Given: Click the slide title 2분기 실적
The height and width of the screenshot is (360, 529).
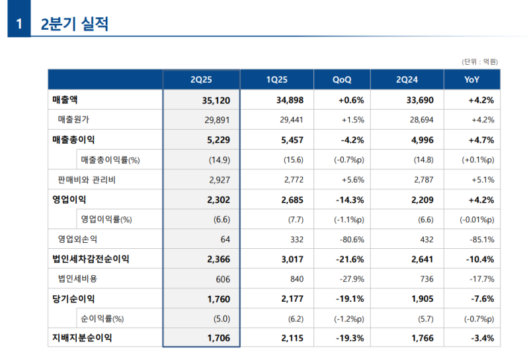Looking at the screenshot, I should click(x=74, y=24).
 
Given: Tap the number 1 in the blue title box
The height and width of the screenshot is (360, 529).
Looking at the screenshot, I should click(x=19, y=25).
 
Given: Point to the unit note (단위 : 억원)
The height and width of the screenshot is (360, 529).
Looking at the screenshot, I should click(x=479, y=62).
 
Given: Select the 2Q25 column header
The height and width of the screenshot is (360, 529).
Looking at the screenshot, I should click(x=201, y=79).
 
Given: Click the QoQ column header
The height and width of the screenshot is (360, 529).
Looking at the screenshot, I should click(x=342, y=79).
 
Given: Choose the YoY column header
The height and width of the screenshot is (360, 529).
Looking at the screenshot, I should click(x=471, y=79).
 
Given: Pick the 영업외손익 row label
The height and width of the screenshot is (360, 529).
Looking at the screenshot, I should click(x=81, y=239).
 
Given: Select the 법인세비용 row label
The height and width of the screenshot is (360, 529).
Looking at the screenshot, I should click(x=77, y=279).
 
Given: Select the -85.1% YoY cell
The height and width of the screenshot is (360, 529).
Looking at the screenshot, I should click(x=482, y=239).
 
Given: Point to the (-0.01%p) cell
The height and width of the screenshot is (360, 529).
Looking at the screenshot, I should click(x=477, y=219).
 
